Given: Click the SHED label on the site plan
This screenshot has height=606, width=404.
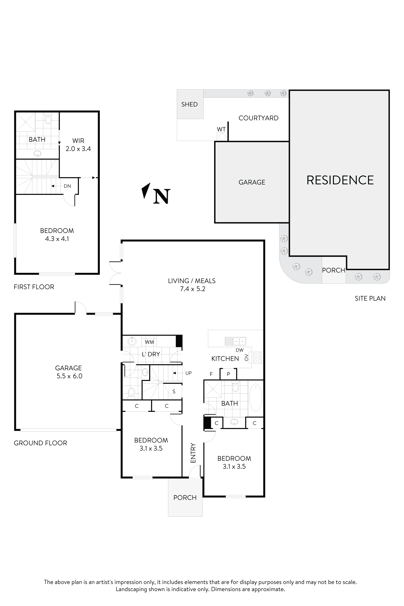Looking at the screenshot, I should pos(189,104).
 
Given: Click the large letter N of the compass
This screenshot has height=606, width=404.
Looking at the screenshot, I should pos(162,196).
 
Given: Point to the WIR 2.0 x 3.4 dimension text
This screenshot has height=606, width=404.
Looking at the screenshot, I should pos(78,149).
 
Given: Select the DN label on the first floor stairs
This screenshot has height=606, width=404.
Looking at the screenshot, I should pos(67,186).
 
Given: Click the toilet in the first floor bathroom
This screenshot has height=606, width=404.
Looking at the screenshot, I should pos(48,119).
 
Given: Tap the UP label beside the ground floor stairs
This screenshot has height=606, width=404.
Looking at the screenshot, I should pos(188,373).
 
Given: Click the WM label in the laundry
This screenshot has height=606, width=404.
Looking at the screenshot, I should pos(149,342).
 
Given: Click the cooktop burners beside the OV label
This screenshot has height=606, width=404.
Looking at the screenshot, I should pos(258,358).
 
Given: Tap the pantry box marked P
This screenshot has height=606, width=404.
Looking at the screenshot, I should pos(228,374).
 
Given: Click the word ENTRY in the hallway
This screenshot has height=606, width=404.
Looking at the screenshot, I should pos(193,453).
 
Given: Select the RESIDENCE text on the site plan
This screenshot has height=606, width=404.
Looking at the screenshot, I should pos(340,180).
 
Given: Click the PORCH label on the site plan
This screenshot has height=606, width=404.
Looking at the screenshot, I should pos(333,270).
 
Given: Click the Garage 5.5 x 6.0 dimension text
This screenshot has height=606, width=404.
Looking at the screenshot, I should pos(69,376).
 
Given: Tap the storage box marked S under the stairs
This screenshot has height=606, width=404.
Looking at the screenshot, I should pos(174,392).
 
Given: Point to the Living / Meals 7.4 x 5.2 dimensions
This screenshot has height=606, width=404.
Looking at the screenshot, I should pos(192,289).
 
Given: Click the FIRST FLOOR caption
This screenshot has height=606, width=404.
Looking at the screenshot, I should pos(34,287).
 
